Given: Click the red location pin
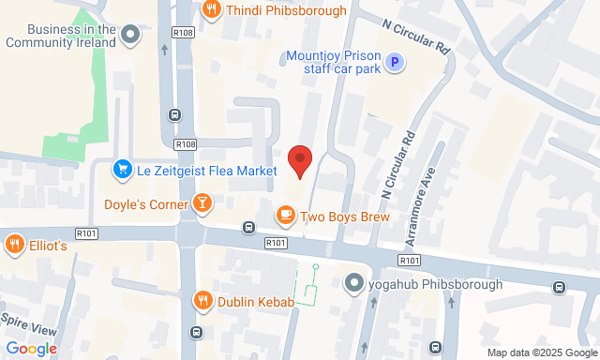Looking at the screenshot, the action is point(299,160).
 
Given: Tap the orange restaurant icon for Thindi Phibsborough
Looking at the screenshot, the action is point(211,9).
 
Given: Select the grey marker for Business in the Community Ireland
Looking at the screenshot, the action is point(130,36).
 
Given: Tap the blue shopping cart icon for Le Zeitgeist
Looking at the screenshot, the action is point(122,171).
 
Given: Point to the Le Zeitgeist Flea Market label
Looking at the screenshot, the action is point(207,171).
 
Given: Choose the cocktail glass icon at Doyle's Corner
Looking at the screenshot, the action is point(202,203).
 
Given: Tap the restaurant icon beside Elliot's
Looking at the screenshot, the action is point(14,245).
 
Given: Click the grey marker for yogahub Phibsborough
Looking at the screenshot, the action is point(353,283).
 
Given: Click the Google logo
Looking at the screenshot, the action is point(31,349).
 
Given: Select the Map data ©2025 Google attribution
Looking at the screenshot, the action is point(541,353).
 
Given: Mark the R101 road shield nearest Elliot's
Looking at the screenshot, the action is point(87,233).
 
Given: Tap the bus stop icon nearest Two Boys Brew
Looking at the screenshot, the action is point(249,227).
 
